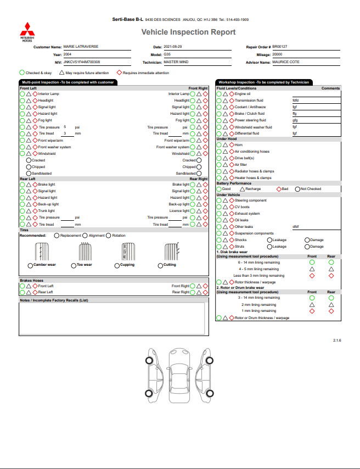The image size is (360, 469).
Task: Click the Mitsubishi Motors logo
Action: (26, 31)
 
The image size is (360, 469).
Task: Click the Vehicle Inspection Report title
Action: (188, 32)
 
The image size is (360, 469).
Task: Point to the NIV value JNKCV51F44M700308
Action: (82, 62)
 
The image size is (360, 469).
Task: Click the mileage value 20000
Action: (277, 54)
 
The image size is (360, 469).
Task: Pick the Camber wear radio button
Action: (21, 265)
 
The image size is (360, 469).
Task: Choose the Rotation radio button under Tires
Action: (109, 236)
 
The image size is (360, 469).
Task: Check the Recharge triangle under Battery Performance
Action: (242, 189)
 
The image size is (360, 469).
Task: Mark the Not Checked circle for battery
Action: (297, 189)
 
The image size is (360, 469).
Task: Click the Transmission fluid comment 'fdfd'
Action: (295, 101)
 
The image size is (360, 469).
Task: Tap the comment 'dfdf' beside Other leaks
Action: (295, 226)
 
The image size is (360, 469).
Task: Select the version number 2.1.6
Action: (337, 341)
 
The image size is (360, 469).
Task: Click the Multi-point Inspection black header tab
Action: (67, 82)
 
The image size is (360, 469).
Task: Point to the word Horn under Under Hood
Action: (239, 145)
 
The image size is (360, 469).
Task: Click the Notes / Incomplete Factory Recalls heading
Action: (54, 300)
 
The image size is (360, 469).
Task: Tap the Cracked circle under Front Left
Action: (29, 160)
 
